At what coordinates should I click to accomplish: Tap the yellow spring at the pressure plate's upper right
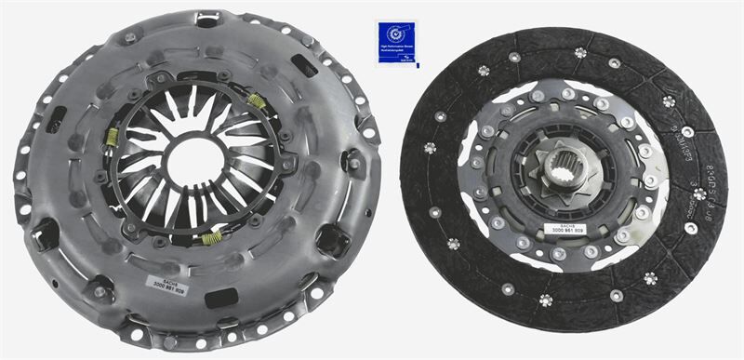(x=255, y=100)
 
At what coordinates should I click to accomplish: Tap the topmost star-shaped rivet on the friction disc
(x=579, y=53)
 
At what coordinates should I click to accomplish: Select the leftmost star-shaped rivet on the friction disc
(x=429, y=147)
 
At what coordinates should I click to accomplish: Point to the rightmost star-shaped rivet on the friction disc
(x=698, y=193)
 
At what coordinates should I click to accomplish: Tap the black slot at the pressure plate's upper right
(x=303, y=66)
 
